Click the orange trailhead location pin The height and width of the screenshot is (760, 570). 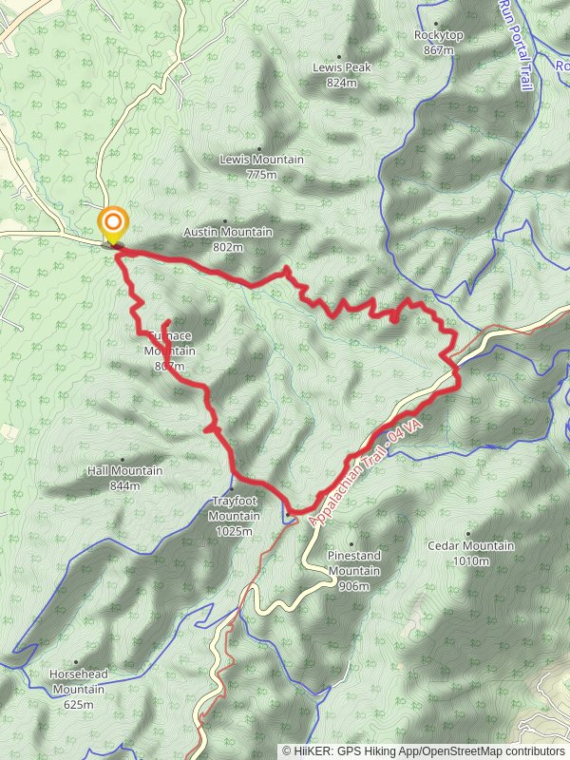pos(113,225)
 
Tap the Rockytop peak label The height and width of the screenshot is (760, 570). pos(437,35)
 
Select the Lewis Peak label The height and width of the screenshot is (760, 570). pos(341,68)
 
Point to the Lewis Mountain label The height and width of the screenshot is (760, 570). pos(261,160)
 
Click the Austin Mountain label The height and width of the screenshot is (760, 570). pos(228,233)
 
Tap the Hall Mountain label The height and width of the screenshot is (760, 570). pos(124,471)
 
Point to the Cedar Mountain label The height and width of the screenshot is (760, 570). pos(470,546)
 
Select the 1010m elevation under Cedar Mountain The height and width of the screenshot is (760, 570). pos(471,561)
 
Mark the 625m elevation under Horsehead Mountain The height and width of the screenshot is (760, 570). pos(79,705)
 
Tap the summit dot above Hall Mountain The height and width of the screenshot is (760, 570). pos(123,461)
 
